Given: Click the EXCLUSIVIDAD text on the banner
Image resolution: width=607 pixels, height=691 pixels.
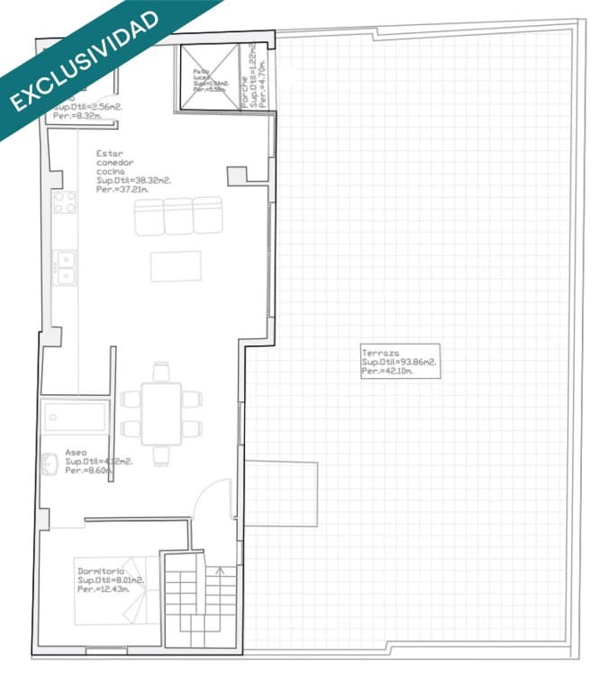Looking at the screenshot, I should point(86,60).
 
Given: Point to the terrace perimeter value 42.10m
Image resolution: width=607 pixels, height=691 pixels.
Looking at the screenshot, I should point(407,371).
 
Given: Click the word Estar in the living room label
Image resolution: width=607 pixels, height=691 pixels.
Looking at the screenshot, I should point(108,154).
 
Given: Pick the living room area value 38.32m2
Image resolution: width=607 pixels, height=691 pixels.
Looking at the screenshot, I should point(147,180).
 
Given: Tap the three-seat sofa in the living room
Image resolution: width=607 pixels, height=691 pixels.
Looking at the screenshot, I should point(178,216).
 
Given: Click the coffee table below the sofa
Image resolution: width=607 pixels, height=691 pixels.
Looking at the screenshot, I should point(176,266).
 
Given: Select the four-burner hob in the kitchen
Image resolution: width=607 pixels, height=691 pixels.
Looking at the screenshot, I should point(65,202).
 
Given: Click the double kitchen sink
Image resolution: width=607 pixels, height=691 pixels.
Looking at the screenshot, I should point(65,267).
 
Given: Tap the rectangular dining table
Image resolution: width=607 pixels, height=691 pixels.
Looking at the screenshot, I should point(162,413).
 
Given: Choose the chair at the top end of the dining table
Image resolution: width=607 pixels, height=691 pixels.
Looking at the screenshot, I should point(161,371).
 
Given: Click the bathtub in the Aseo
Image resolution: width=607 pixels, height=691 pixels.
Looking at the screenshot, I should point(76,417).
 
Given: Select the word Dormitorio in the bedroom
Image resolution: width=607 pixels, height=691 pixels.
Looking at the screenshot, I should point(101,571).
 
